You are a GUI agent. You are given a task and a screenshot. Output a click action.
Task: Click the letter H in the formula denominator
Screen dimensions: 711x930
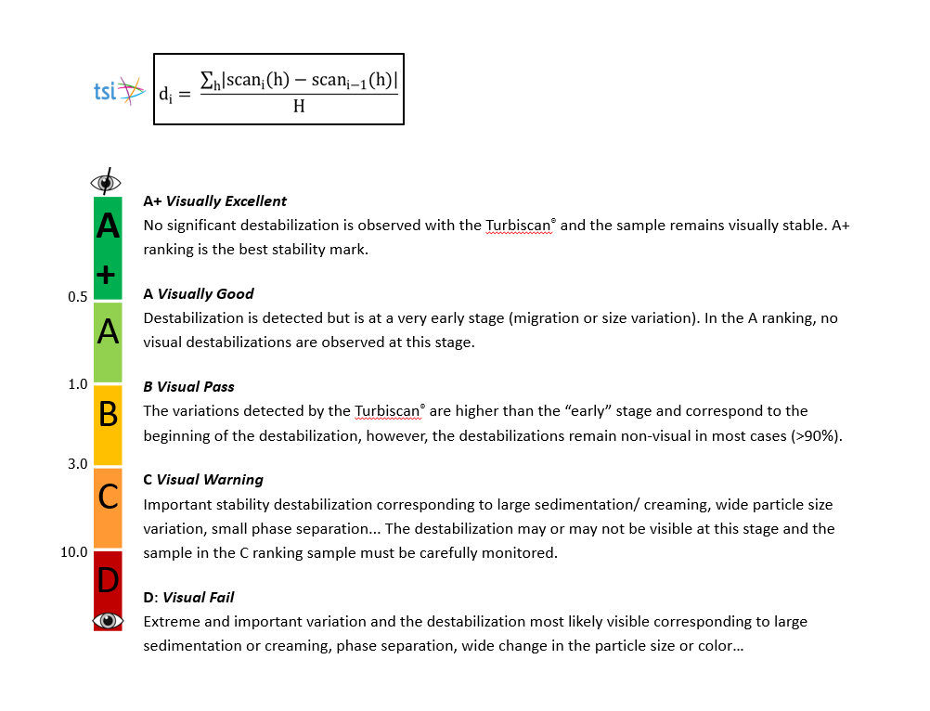pos(299,107)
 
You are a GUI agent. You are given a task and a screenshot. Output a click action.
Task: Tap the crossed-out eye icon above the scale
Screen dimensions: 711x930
pos(108,181)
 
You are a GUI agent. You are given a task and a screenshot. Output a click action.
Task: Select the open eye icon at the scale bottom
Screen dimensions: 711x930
pos(108,620)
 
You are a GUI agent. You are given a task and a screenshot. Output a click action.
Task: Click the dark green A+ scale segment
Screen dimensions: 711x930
pos(108,248)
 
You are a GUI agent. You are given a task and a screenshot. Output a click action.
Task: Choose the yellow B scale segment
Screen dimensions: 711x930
pos(108,424)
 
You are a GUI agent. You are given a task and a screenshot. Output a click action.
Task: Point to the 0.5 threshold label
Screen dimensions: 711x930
pos(77,297)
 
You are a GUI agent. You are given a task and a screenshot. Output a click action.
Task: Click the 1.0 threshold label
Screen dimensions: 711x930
pos(77,383)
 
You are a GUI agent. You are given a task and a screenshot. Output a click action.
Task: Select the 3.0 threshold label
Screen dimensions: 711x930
pos(77,463)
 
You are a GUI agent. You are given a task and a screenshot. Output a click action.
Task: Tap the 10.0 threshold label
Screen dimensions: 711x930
pos(74,551)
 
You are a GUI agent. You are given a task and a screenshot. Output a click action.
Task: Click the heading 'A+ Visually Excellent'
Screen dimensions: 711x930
pos(214,201)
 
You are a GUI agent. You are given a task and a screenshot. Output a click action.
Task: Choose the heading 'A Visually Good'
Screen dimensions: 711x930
pos(198,294)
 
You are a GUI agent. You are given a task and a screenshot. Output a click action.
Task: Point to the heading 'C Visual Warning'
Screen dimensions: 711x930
pos(202,480)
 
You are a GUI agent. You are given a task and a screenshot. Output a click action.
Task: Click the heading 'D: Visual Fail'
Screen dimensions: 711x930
pos(188,598)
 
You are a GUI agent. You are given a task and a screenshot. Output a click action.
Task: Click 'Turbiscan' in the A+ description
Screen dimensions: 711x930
pos(519,226)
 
